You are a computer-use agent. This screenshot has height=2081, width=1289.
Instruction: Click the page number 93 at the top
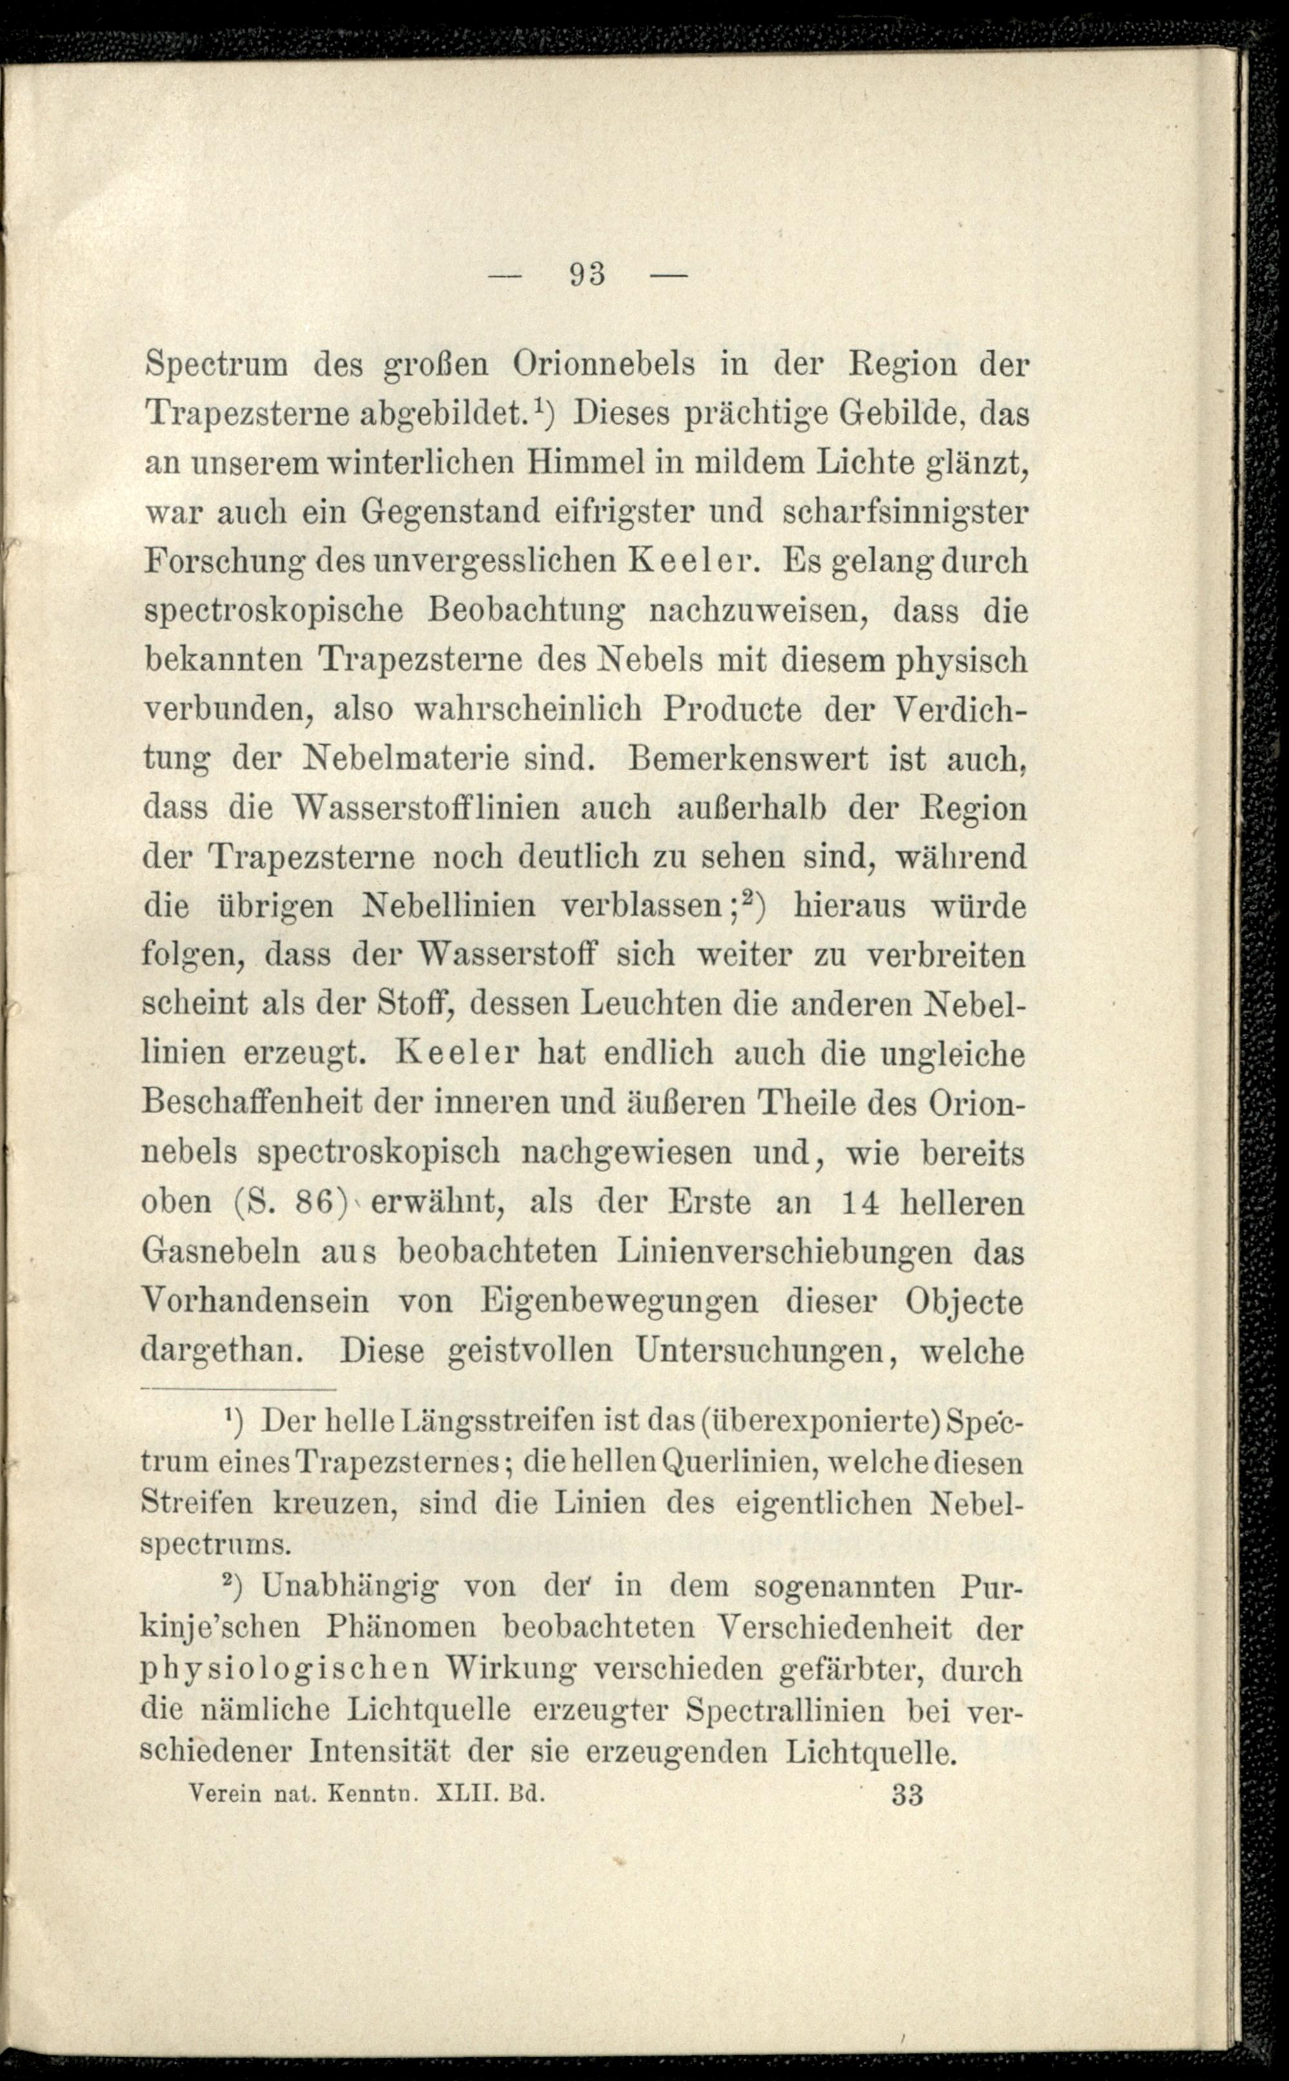(x=586, y=274)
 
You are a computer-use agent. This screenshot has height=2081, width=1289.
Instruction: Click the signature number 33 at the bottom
(x=907, y=1793)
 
